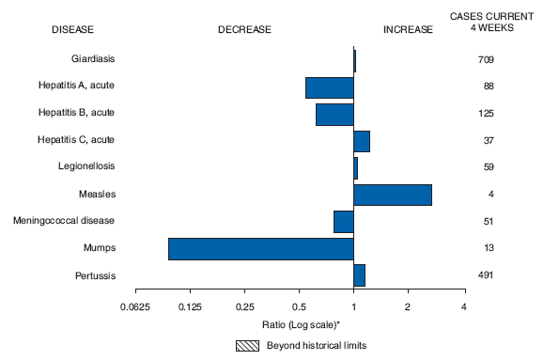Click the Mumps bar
[x=260, y=249]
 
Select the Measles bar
[x=393, y=195]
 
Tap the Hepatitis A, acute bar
[x=329, y=87]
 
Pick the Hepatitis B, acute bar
[x=334, y=115]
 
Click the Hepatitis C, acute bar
[x=362, y=141]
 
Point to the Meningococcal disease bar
[x=343, y=222]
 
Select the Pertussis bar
[x=359, y=275]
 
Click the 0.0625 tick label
[x=135, y=307]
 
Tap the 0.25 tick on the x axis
[x=244, y=307]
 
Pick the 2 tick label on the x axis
[x=408, y=307]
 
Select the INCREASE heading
[x=408, y=29]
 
